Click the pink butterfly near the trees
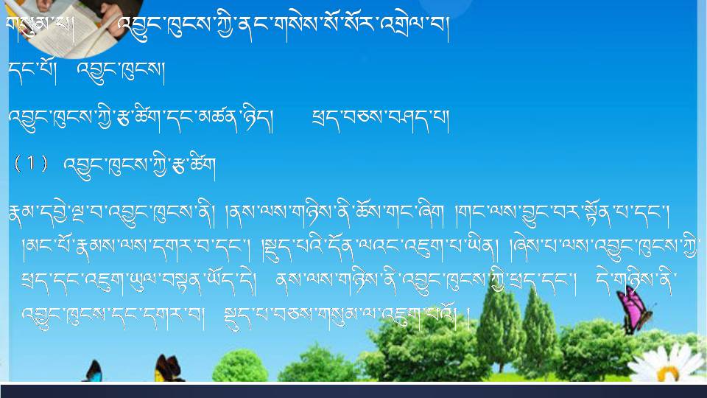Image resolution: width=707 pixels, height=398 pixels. pyautogui.click(x=634, y=310)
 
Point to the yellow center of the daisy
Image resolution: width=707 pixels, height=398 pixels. pyautogui.click(x=668, y=373)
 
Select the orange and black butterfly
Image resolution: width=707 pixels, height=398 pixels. pyautogui.click(x=167, y=369)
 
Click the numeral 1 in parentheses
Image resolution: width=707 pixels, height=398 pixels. pyautogui.click(x=31, y=164)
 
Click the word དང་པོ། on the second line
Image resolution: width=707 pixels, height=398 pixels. pyautogui.click(x=32, y=71)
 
